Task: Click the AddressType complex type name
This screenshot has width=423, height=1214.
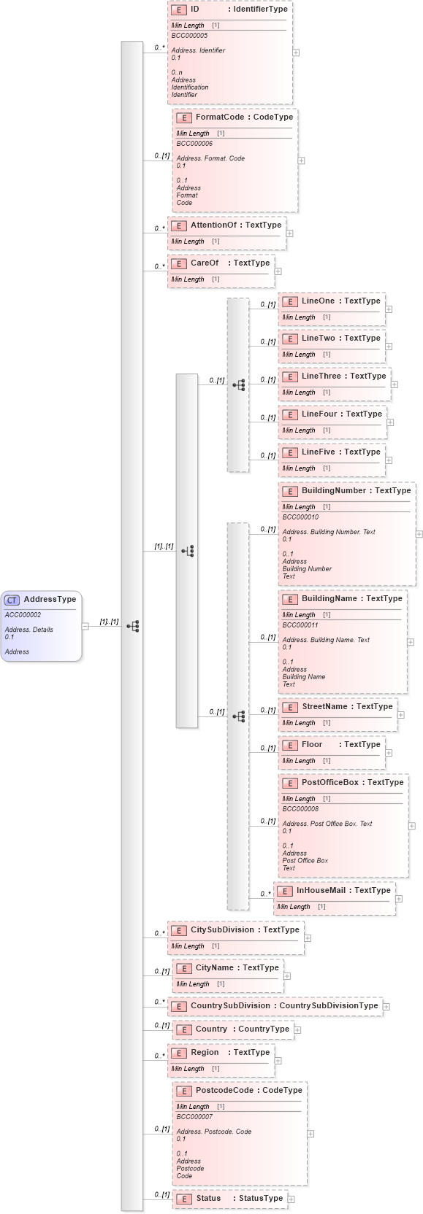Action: [50, 599]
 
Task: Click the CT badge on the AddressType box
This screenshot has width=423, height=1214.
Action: [12, 600]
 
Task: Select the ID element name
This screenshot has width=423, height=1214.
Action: [195, 9]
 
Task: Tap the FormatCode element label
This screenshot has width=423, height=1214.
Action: [219, 117]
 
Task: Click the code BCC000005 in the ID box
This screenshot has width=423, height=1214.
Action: [189, 35]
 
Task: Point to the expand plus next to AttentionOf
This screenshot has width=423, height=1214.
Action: [289, 233]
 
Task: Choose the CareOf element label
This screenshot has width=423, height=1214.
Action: [205, 263]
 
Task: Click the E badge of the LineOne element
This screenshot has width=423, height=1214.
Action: [289, 301]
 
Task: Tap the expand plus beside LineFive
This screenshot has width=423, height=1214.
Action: [389, 460]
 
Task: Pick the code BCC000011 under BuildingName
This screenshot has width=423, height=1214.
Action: [300, 625]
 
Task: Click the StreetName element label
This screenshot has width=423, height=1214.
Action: [324, 706]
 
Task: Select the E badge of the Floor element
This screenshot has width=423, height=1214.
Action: [289, 745]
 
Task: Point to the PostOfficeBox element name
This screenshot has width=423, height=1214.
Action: [330, 782]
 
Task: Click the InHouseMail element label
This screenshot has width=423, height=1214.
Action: [321, 890]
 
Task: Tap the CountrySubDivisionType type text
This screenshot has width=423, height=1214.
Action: [329, 1005]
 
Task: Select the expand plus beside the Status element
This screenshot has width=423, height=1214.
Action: [291, 1199]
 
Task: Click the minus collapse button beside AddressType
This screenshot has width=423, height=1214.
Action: [85, 625]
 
